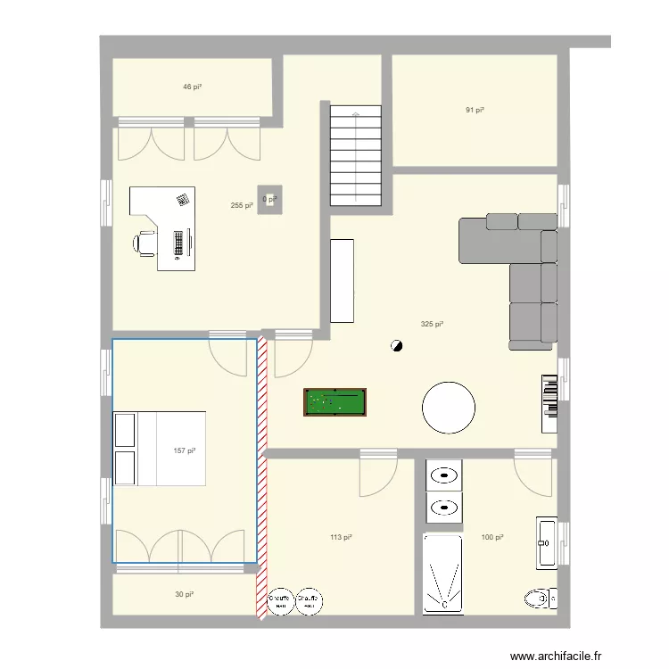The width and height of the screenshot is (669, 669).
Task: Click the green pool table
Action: (334, 402)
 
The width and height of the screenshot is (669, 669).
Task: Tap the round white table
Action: (448, 407)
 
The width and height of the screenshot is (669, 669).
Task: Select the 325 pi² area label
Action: (433, 325)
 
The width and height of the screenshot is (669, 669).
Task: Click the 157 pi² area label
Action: (184, 450)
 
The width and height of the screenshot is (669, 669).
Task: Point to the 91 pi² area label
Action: (475, 111)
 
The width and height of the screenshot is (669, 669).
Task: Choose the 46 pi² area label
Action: (192, 87)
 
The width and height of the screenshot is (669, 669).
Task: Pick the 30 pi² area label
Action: (185, 594)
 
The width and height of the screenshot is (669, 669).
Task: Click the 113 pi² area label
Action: (340, 537)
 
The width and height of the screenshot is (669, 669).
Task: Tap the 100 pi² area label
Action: (492, 537)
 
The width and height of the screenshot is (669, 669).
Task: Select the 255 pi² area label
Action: (241, 205)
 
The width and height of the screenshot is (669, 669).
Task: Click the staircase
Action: (357, 155)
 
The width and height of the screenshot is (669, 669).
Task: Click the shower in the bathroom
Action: (442, 574)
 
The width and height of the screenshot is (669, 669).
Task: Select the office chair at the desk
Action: (145, 242)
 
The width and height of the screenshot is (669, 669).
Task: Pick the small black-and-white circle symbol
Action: (396, 345)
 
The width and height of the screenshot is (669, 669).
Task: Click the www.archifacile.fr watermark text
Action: (569, 654)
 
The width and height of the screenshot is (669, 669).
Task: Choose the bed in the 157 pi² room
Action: (159, 449)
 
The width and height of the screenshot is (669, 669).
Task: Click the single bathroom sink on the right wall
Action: (546, 541)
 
